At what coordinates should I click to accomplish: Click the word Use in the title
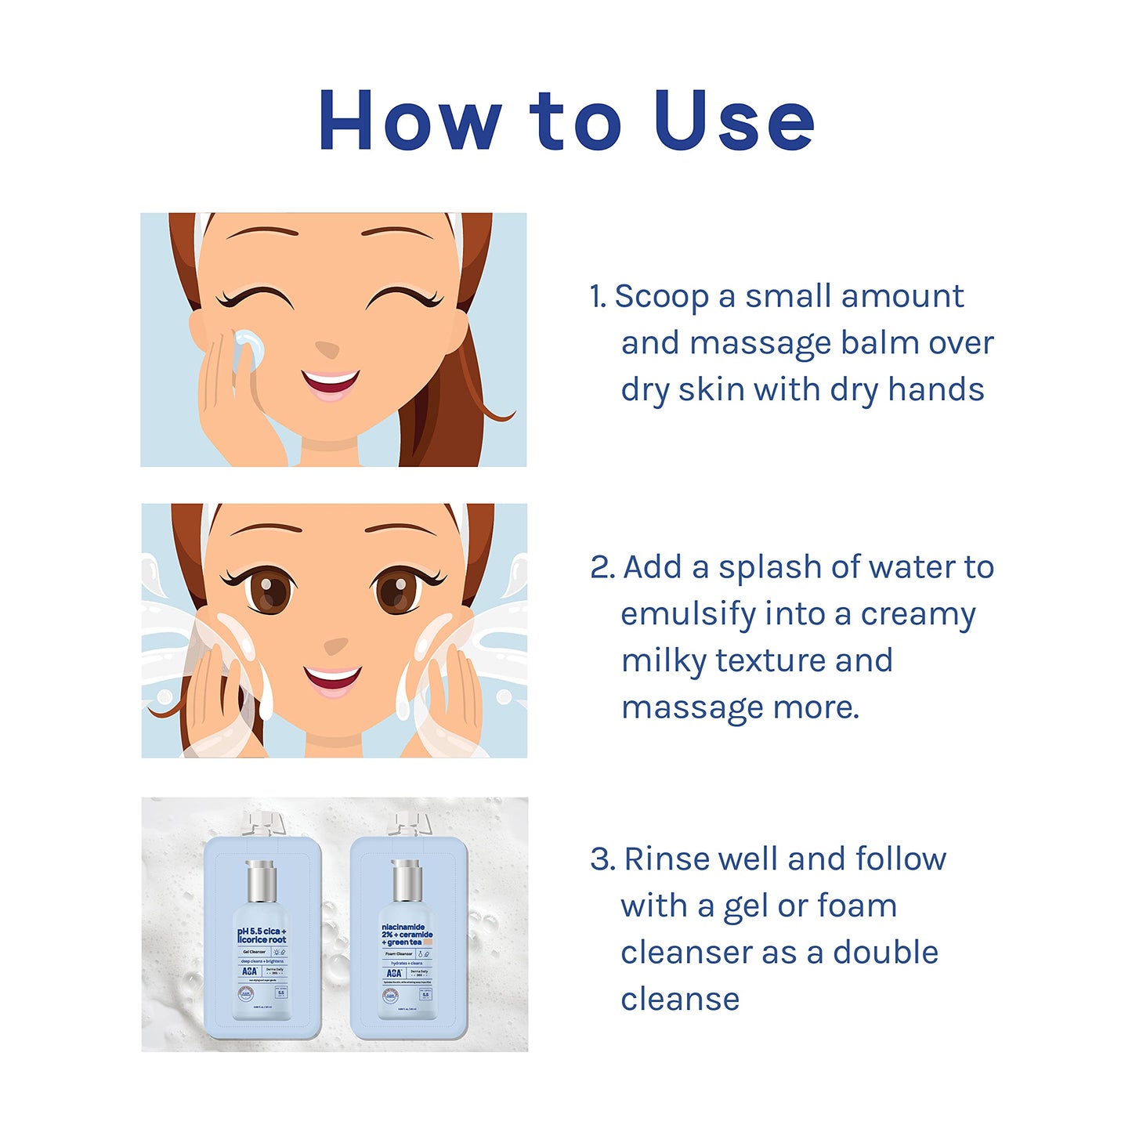[x=733, y=121]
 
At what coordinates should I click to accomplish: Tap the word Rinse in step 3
[x=666, y=859]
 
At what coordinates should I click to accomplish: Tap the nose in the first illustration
[x=327, y=349]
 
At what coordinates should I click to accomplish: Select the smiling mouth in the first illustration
[x=330, y=384]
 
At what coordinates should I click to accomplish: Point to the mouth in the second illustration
[x=333, y=678]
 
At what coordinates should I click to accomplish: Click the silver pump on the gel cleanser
[x=261, y=881]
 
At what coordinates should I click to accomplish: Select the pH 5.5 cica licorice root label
[x=262, y=935]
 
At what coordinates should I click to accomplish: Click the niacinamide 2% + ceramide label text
[x=407, y=935]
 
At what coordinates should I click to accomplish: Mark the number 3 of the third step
[x=601, y=859]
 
